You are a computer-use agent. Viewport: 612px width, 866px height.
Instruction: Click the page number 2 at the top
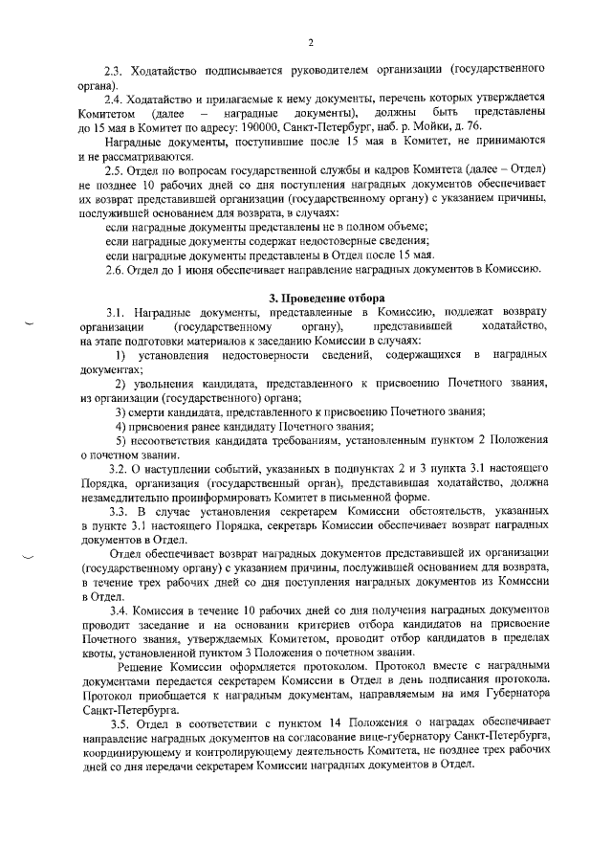[312, 41]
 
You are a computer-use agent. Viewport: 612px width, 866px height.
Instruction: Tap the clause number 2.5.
[114, 168]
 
